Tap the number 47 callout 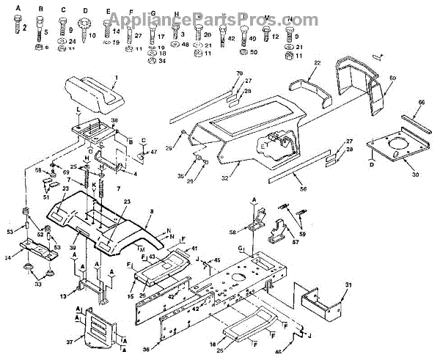coord(153,152)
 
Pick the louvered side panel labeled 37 coord(93,329)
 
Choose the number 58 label coord(232,232)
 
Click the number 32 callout coord(216,177)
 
